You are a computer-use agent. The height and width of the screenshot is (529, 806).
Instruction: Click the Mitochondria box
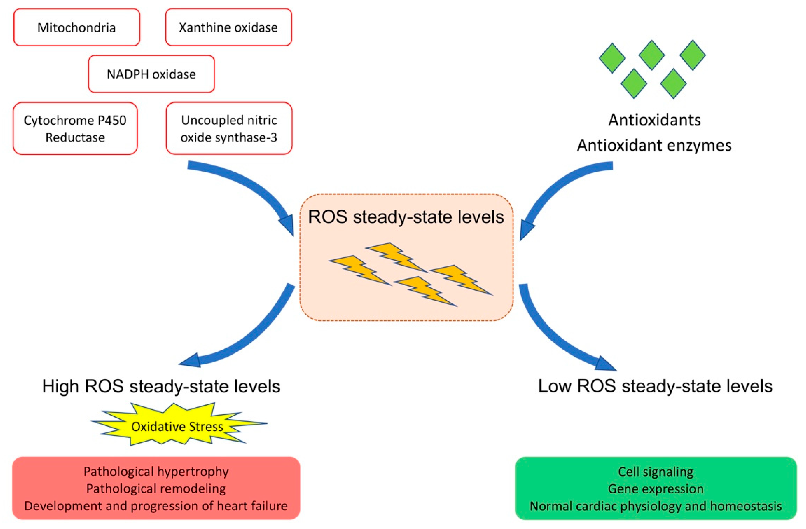(x=77, y=27)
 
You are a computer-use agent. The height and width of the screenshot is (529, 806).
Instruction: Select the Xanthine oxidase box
(x=228, y=27)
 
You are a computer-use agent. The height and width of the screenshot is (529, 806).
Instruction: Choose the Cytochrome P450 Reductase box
(x=75, y=129)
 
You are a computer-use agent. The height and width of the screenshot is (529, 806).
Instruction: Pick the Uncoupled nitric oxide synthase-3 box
(x=229, y=129)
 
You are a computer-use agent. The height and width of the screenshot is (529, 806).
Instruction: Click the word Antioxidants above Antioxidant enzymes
(x=654, y=120)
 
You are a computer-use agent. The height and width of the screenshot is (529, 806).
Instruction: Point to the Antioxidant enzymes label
(x=654, y=145)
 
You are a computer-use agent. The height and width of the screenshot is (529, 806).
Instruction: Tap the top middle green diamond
(x=651, y=55)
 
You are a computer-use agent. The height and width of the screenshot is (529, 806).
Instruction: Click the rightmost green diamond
(x=692, y=55)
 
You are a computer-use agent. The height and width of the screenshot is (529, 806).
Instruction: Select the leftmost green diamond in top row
(x=612, y=58)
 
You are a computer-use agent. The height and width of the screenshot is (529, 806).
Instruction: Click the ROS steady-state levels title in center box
(x=406, y=217)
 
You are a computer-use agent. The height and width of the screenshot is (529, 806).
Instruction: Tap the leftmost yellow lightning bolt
(x=359, y=270)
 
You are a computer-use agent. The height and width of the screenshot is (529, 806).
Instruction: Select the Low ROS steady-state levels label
(x=655, y=386)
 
